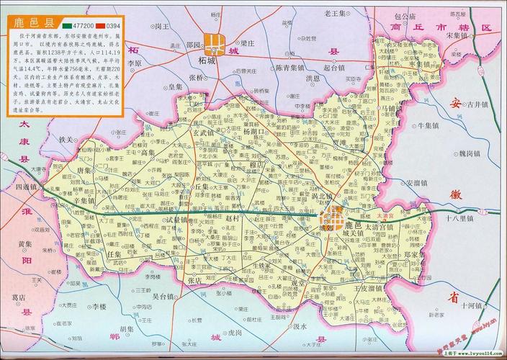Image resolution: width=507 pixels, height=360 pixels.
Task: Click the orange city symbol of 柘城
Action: pyautogui.click(x=213, y=43)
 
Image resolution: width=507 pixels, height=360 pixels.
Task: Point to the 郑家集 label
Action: pyautogui.click(x=418, y=254)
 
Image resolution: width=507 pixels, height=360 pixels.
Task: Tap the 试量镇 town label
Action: pyautogui.click(x=177, y=220)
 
